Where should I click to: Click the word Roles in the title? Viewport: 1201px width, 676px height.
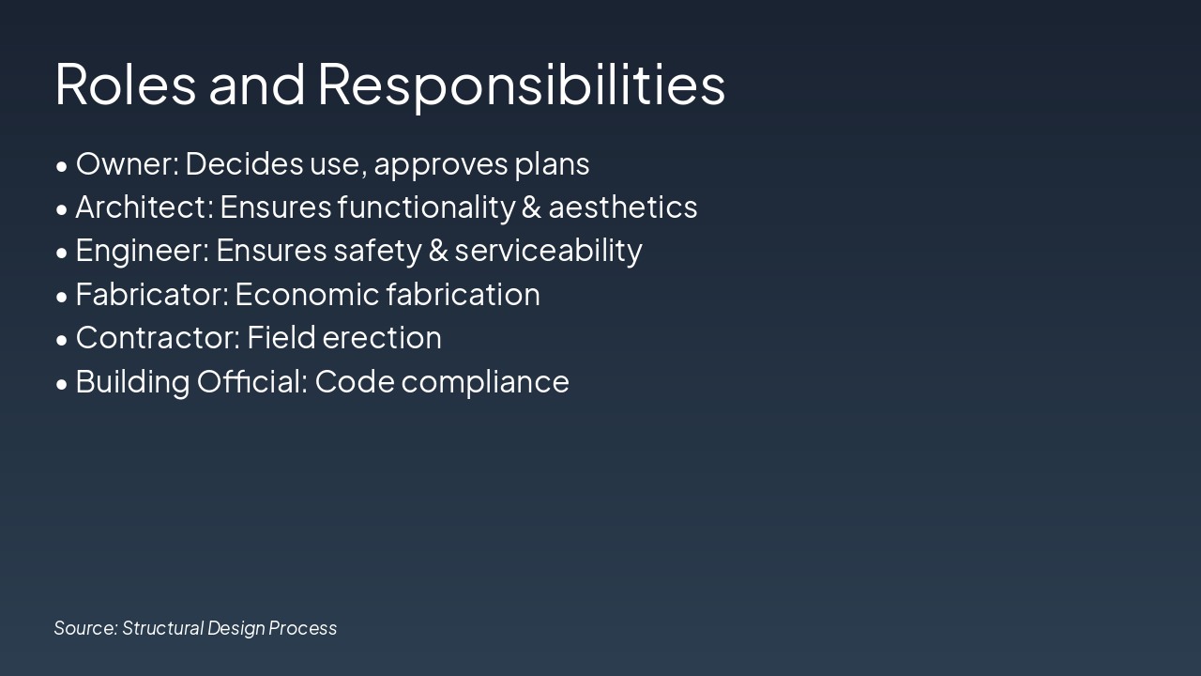[125, 84]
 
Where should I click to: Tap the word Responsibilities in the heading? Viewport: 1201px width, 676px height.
[521, 84]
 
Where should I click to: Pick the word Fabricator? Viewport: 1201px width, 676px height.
[151, 294]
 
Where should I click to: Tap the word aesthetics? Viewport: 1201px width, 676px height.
[623, 207]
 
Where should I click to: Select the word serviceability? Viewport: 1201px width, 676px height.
[549, 251]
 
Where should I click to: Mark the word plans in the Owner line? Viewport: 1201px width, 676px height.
[552, 163]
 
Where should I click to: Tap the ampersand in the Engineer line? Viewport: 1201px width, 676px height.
[437, 251]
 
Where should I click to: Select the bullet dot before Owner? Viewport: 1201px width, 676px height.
[62, 166]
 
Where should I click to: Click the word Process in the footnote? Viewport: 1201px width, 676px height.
[302, 627]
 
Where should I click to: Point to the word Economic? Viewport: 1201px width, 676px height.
[306, 294]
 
